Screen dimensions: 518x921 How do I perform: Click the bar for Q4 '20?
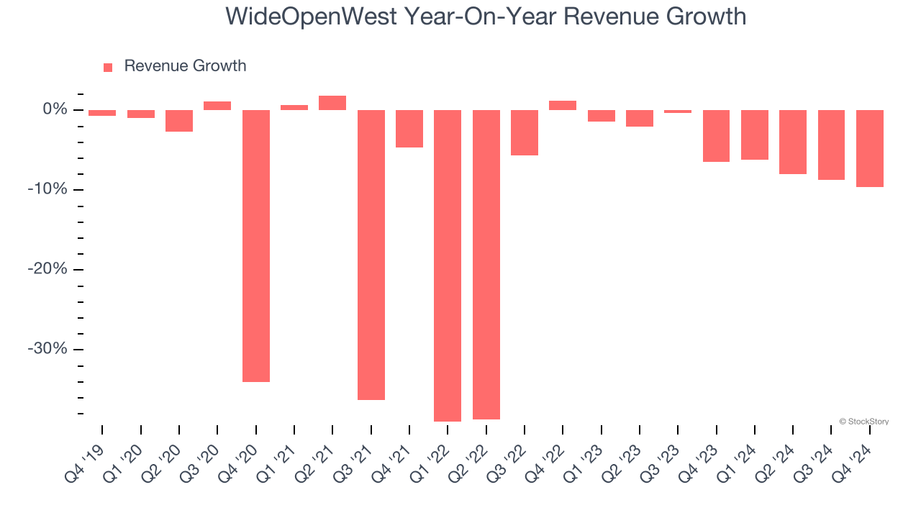pos(255,245)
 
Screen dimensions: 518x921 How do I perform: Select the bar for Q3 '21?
pos(371,255)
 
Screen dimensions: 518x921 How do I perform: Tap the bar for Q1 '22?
pos(448,265)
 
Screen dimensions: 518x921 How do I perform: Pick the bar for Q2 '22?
pos(486,264)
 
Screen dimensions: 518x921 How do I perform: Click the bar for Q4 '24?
pos(870,148)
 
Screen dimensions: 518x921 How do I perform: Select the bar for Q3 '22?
pos(525,132)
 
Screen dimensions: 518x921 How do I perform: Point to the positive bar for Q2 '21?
pos(332,103)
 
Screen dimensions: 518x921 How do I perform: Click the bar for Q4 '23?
pos(717,136)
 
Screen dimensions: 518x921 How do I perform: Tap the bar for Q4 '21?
pos(409,129)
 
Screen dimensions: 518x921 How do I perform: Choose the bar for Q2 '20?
pos(179,121)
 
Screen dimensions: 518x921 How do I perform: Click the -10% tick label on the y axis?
pos(47,189)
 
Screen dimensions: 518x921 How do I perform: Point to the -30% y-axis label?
pos(47,349)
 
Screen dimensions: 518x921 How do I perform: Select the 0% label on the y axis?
pos(55,109)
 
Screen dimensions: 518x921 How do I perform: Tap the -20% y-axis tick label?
pos(47,269)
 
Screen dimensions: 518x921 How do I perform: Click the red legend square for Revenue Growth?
pos(108,68)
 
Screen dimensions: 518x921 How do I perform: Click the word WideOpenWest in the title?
pos(311,16)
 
